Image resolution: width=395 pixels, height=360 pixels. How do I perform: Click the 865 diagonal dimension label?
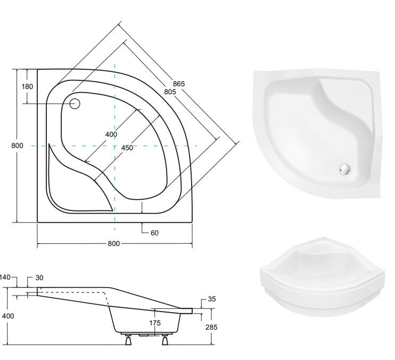coord(179,84)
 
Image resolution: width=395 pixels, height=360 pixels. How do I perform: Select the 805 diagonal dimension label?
coord(170,92)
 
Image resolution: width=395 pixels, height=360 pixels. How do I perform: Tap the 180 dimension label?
coord(27,87)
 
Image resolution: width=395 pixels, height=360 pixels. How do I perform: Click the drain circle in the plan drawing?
coord(75,103)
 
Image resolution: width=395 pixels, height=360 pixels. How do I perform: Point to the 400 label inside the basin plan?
coord(111,135)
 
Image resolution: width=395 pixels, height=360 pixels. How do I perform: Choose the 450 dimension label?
coord(127,148)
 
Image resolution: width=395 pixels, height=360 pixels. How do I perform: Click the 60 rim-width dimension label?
coord(154,233)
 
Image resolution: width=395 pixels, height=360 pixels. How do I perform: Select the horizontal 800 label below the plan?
coord(113,243)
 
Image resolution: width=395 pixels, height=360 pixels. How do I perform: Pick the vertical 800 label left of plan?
coord(17,145)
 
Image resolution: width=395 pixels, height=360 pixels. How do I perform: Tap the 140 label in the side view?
coord(5,277)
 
